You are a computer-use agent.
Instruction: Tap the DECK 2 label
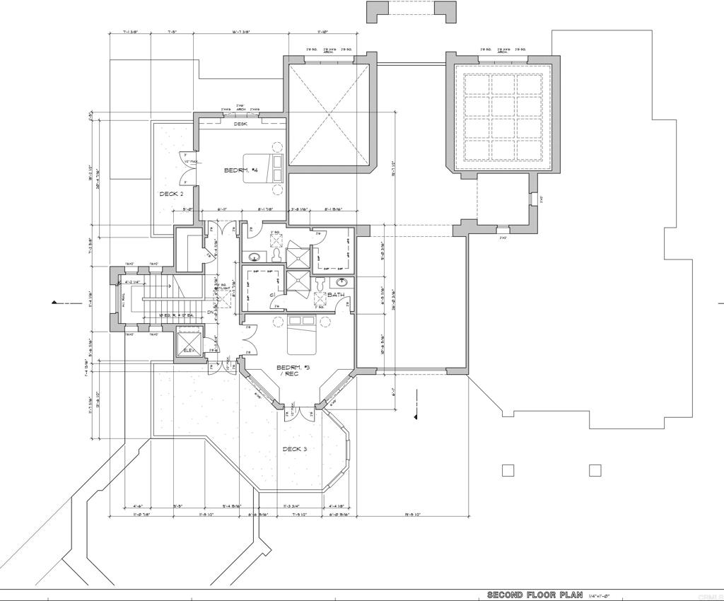click(170, 194)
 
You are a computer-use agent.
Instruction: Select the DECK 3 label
click(295, 449)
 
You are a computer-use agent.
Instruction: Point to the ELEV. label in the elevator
click(189, 351)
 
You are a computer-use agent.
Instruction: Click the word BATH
click(336, 295)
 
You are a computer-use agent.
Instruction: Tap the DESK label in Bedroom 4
click(241, 124)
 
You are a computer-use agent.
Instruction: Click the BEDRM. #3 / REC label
click(291, 370)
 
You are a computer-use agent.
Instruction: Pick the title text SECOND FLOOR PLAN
click(535, 595)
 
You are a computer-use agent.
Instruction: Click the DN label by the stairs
click(210, 313)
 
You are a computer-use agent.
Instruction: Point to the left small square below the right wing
click(507, 470)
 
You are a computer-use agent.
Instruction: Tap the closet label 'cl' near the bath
click(271, 294)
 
